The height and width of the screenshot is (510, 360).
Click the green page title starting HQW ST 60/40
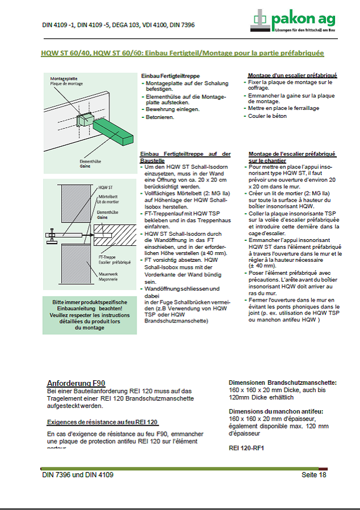coord(183,53)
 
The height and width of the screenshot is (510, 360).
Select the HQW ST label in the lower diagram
coord(104,186)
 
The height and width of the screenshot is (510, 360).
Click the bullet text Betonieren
coord(160,117)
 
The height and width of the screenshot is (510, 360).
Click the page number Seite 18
coord(314,475)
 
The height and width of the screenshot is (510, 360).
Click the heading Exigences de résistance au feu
coord(102,422)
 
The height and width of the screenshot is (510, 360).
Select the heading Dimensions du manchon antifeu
coord(276,411)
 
